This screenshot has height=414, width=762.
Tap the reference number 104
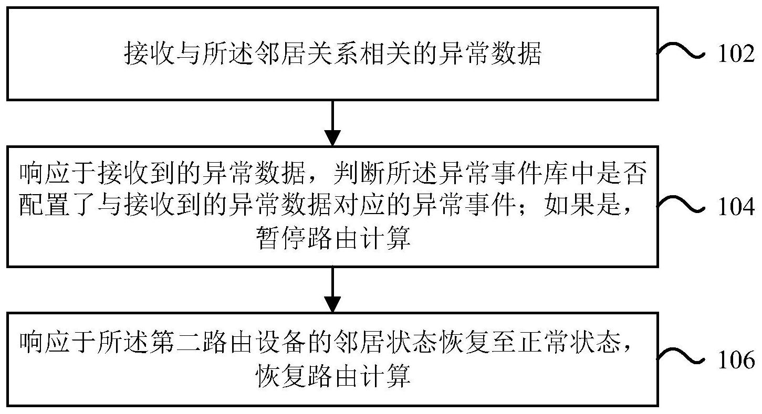click(x=736, y=208)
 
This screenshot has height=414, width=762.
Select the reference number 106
click(x=736, y=360)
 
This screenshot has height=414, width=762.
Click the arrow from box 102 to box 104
click(x=332, y=123)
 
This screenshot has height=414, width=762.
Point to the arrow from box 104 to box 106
click(x=332, y=289)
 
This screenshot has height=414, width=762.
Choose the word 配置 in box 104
click(x=44, y=207)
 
